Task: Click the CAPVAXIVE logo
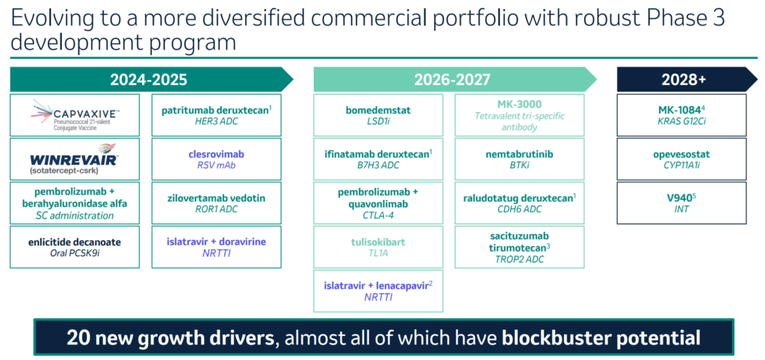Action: pos(74,115)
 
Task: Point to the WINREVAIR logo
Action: pos(74,158)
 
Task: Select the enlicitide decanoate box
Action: pos(74,247)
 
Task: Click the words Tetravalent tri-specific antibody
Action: pos(519,121)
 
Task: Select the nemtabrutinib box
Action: pos(519,159)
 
